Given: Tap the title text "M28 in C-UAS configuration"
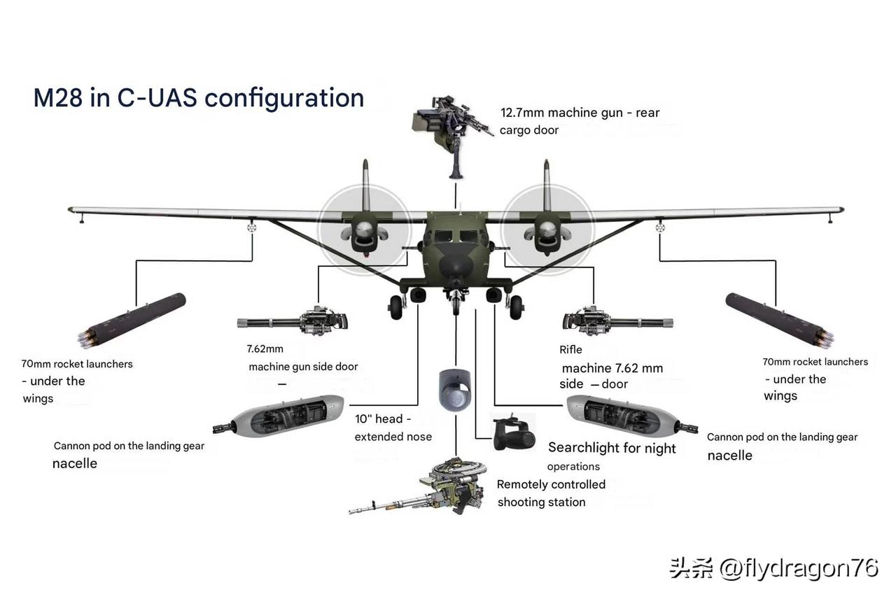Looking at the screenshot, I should [x=199, y=98].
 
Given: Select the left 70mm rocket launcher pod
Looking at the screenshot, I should [x=133, y=321].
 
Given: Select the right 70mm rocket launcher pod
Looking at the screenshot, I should [x=779, y=321].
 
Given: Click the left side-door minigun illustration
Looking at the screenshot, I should [x=294, y=322].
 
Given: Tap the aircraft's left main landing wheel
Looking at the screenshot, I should [x=396, y=307].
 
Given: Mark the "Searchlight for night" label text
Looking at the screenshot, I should [x=612, y=448].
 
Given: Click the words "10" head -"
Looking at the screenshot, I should [x=383, y=419].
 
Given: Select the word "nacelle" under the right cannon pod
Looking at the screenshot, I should [x=729, y=456].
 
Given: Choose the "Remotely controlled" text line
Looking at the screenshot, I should [x=551, y=484].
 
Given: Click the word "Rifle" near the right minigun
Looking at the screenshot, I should [x=570, y=350].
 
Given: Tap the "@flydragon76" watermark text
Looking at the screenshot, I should [x=799, y=568].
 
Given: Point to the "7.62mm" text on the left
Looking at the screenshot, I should [x=265, y=349].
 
